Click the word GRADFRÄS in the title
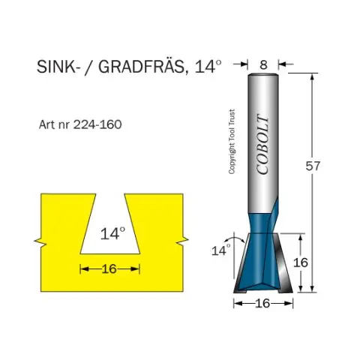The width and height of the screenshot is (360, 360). pyautogui.click(x=141, y=67)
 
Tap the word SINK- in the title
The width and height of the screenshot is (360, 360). pyautogui.click(x=56, y=67)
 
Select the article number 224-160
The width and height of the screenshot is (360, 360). pyautogui.click(x=97, y=124)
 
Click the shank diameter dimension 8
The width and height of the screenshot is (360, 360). pyautogui.click(x=263, y=64)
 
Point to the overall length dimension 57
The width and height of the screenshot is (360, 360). pyautogui.click(x=313, y=166)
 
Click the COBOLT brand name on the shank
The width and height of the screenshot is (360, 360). pyautogui.click(x=263, y=145)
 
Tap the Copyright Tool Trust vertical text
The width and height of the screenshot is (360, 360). pyautogui.click(x=232, y=142)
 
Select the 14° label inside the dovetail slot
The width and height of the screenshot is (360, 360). pyautogui.click(x=112, y=234)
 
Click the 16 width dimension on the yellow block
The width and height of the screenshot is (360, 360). pyautogui.click(x=109, y=269)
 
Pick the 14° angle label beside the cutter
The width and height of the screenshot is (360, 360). pyautogui.click(x=221, y=250)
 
